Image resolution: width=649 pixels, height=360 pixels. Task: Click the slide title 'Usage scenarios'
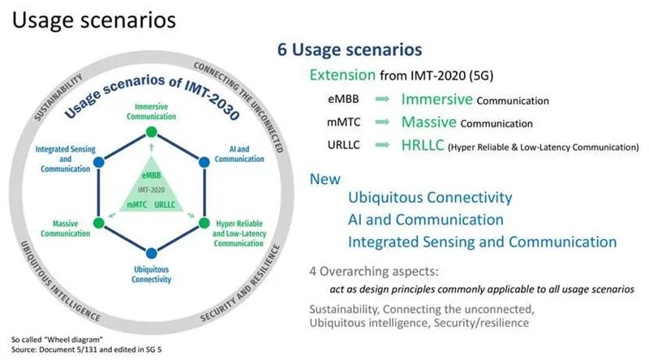click(x=90, y=19)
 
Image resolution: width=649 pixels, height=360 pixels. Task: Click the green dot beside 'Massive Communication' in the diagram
click(x=98, y=221)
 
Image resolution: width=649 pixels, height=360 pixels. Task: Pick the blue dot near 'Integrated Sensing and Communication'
click(x=98, y=162)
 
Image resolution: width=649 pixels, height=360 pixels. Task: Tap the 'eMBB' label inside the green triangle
click(x=150, y=174)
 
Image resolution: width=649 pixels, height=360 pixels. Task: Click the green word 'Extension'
click(x=343, y=75)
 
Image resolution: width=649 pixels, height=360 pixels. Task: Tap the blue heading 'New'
click(x=324, y=179)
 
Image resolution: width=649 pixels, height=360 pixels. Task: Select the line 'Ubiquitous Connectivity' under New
click(x=429, y=198)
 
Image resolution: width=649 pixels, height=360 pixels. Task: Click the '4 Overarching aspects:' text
click(x=370, y=270)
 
